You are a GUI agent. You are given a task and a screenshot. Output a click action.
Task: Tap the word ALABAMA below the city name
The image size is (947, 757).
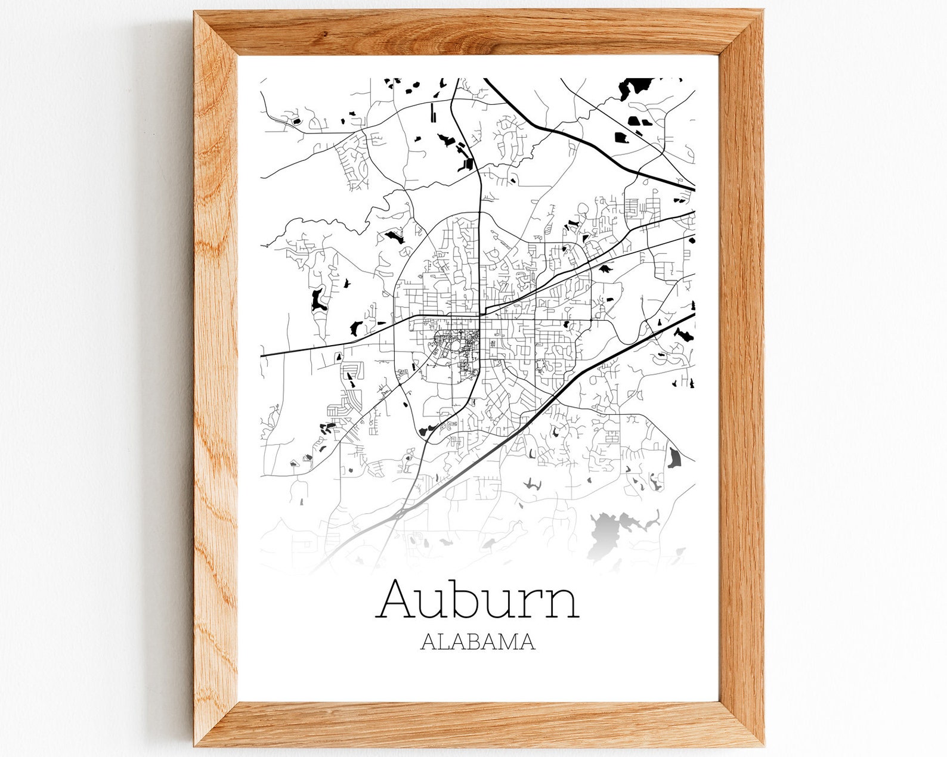point(477,642)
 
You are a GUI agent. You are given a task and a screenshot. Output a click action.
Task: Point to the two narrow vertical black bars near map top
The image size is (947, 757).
point(434,111)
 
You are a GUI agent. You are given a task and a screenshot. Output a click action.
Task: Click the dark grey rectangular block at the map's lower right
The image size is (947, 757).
point(674,458)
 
